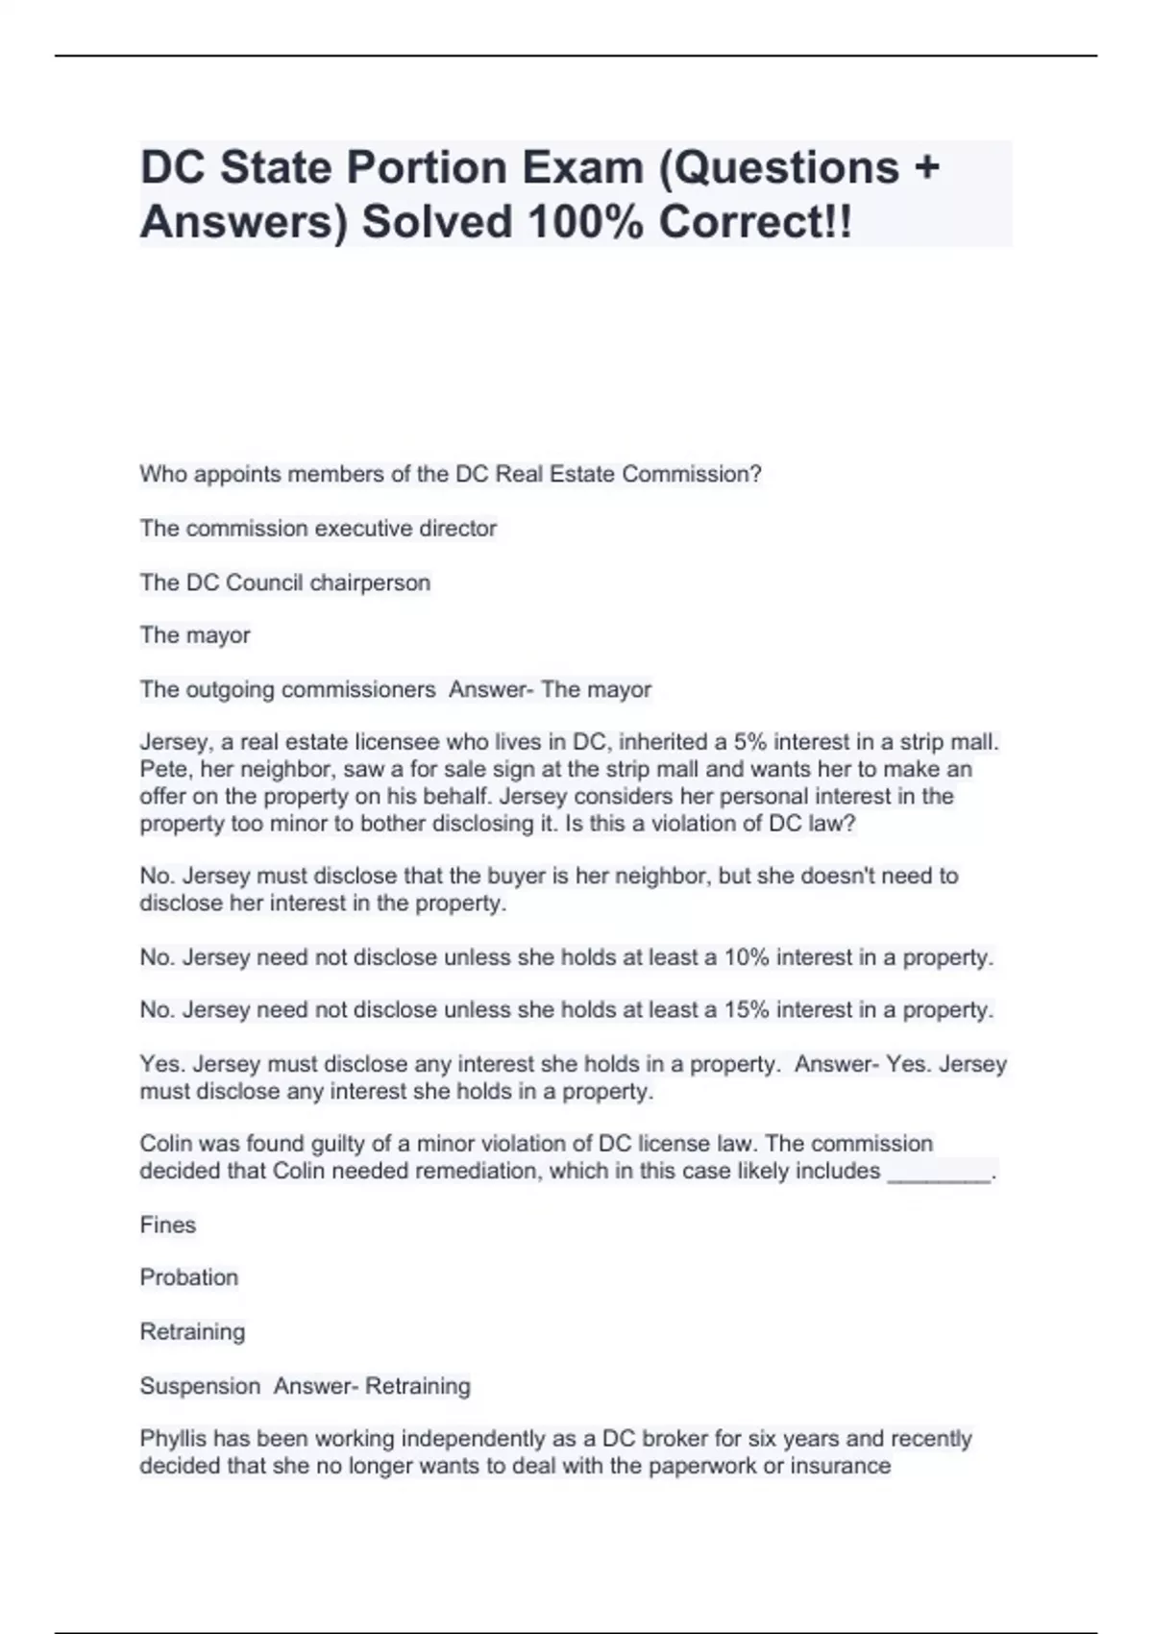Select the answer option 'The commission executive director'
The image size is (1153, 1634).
tap(318, 529)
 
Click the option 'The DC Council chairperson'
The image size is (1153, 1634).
tap(284, 582)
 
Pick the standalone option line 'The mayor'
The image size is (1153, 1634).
tap(195, 635)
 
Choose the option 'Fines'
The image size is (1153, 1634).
tap(168, 1225)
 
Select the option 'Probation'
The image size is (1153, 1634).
tap(189, 1277)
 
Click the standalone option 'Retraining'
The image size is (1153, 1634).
tap(192, 1331)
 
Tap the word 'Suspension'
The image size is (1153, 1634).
tap(200, 1386)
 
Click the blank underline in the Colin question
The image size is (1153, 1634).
tap(939, 1175)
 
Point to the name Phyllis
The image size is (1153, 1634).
tap(173, 1439)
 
